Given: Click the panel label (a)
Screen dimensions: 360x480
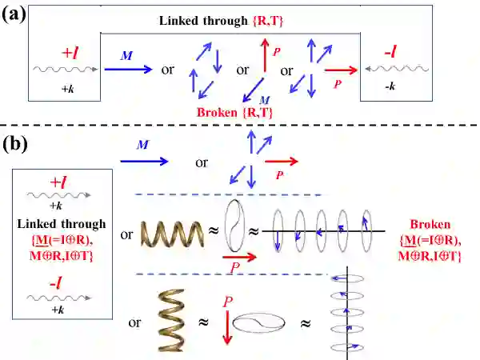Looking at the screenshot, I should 17,15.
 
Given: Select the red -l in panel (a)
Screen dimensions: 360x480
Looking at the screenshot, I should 391,54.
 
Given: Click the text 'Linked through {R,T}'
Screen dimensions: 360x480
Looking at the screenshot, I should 230,21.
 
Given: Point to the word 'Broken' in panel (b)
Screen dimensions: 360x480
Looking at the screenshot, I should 433,223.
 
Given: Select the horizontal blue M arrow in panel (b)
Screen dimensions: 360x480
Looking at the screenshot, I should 144,161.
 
